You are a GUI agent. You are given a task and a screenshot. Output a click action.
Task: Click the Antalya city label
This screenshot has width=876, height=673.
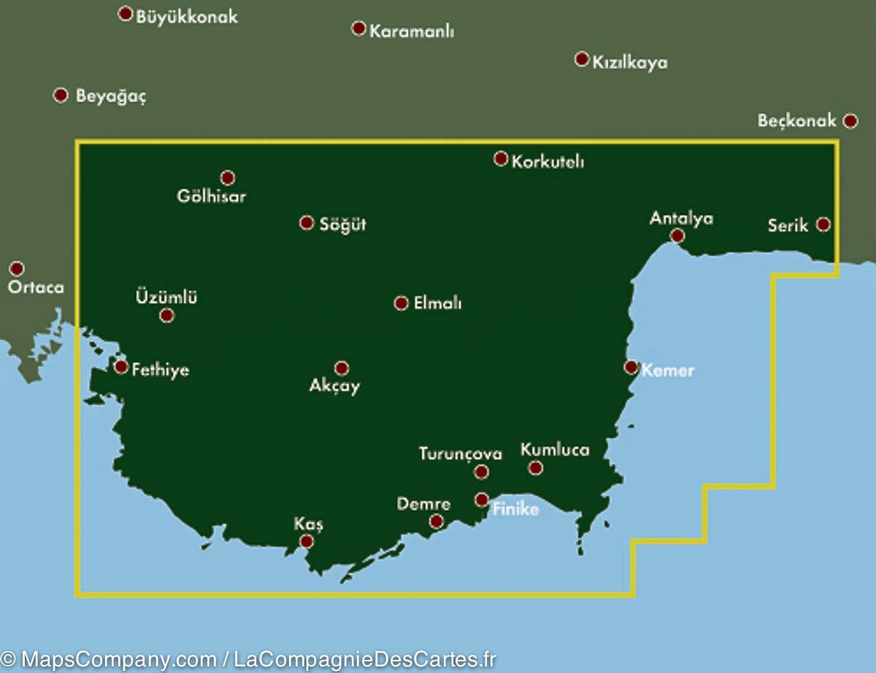pyautogui.click(x=681, y=218)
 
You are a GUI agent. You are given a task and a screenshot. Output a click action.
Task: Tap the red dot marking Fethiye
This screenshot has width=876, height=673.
pyautogui.click(x=121, y=366)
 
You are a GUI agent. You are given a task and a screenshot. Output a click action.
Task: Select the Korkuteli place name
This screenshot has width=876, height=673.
pyautogui.click(x=547, y=162)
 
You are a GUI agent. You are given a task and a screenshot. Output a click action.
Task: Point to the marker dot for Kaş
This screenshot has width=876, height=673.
pyautogui.click(x=307, y=541)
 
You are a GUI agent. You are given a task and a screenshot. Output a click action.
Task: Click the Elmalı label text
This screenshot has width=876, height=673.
pyautogui.click(x=437, y=304)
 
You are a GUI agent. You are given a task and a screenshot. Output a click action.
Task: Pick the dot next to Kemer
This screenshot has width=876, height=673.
pyautogui.click(x=631, y=366)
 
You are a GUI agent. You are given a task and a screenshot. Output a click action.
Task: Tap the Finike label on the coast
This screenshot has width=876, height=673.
pyautogui.click(x=515, y=509)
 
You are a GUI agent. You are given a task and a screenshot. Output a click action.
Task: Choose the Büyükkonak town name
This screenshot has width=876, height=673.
pyautogui.click(x=187, y=17)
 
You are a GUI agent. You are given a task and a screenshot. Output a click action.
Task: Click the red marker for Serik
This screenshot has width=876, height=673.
pyautogui.click(x=823, y=224)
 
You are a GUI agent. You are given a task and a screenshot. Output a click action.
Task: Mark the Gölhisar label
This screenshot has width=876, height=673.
pyautogui.click(x=212, y=196)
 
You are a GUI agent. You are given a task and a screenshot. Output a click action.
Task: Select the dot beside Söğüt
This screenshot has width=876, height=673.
pyautogui.click(x=307, y=223)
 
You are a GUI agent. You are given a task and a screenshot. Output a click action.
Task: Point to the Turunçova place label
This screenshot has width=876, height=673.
pyautogui.click(x=461, y=454)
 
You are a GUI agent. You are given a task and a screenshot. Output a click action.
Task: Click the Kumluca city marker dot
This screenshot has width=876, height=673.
pyautogui.click(x=536, y=468)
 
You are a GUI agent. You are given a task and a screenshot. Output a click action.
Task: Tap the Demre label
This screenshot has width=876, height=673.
pyautogui.click(x=423, y=504)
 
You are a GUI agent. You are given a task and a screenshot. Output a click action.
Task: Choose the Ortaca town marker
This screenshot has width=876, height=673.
pyautogui.click(x=17, y=269)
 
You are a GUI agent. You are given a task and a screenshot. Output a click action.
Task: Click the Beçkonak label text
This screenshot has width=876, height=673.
pyautogui.click(x=796, y=121)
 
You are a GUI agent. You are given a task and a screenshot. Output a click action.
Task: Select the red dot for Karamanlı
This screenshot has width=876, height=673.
pyautogui.click(x=358, y=28)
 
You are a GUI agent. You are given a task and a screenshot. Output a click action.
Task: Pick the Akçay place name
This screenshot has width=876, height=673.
pyautogui.click(x=335, y=387)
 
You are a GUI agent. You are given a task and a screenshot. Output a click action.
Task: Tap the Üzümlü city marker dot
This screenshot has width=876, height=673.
pyautogui.click(x=166, y=315)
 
